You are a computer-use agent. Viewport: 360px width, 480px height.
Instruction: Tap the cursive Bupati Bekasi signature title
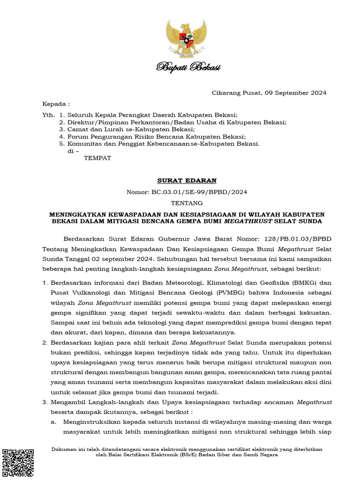point(187,68)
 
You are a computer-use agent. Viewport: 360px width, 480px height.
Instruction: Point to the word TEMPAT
point(97,158)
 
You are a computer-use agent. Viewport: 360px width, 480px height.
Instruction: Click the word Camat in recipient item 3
point(77,129)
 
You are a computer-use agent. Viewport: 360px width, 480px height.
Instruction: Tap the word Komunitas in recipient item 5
point(84,143)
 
